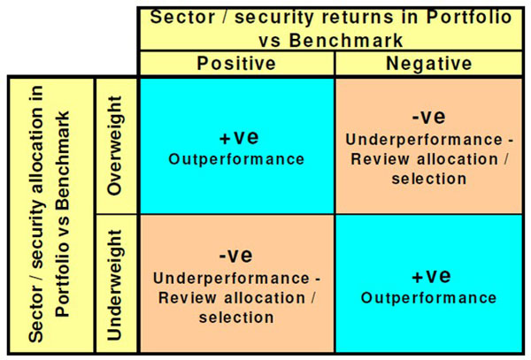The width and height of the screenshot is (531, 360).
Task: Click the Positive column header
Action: [x=236, y=64]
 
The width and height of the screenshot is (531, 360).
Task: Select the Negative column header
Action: [x=428, y=64]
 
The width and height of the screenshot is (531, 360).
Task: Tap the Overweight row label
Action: [x=114, y=145]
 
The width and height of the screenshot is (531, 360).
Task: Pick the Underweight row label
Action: [x=114, y=285]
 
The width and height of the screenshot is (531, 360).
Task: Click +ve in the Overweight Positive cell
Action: [x=239, y=137]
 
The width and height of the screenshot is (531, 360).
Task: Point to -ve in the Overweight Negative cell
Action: [x=428, y=117]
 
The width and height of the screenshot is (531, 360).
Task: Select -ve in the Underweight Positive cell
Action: [x=235, y=256]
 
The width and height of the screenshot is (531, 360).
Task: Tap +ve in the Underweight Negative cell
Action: [x=431, y=276]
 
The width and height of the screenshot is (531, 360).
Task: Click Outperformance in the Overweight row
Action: [x=236, y=159]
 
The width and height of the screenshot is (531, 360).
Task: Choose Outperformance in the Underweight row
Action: [x=428, y=298]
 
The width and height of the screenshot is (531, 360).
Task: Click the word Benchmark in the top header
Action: [x=346, y=41]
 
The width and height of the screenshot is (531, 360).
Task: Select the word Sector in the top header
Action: [x=182, y=17]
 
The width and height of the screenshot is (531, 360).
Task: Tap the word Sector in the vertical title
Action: [x=36, y=313]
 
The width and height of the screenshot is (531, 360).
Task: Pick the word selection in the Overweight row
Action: [x=429, y=179]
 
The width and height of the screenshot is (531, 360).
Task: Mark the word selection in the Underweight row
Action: [x=236, y=318]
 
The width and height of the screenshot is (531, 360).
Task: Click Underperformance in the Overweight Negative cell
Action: [x=424, y=140]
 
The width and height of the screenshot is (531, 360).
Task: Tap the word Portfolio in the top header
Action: [x=469, y=17]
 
